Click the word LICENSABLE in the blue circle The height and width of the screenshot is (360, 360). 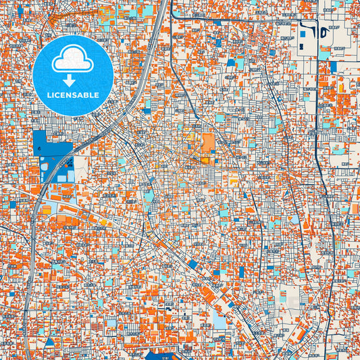pyautogui.click(x=72, y=96)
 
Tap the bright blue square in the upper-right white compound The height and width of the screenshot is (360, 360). pyautogui.click(x=303, y=32)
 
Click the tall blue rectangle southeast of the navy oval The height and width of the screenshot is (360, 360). pyautogui.click(x=332, y=67)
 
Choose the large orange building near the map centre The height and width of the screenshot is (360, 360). pyautogui.click(x=207, y=143)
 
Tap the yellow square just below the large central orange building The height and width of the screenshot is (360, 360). pyautogui.click(x=205, y=160)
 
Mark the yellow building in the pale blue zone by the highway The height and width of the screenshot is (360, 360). pyautogui.click(x=47, y=210)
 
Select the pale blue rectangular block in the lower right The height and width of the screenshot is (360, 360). pyautogui.click(x=220, y=319)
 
